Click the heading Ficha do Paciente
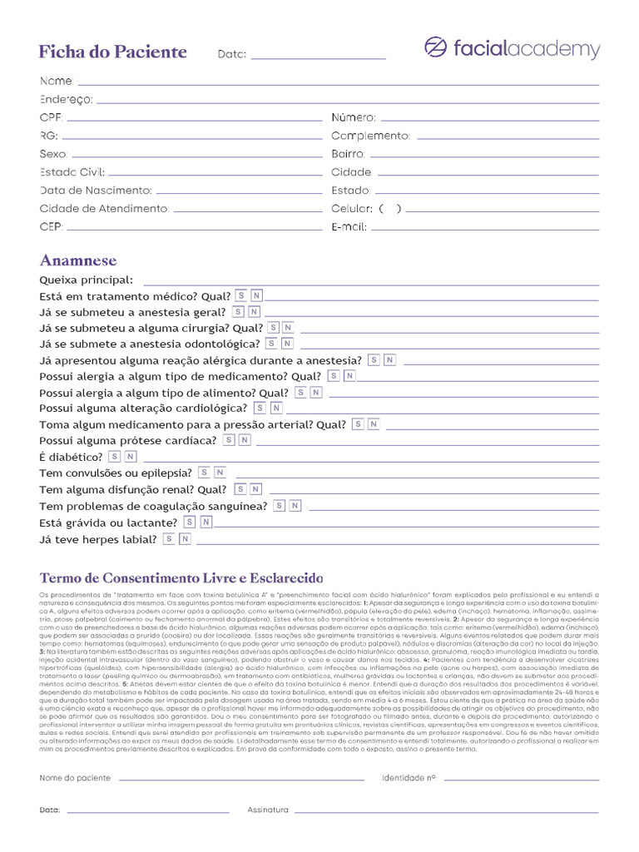coord(113,52)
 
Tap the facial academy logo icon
coord(434,48)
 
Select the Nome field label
coord(57,82)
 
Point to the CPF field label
coord(52,118)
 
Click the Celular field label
coord(352,209)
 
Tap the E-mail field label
coord(349,227)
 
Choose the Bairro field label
coord(348,155)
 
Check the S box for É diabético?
coord(112,457)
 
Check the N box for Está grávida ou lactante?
coord(206,523)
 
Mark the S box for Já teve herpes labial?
coord(169,539)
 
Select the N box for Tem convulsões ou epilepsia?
coord(220,473)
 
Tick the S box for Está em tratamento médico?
coord(241,295)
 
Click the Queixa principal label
coord(86,280)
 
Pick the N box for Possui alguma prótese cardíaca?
coord(245,440)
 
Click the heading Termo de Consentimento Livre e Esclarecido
coord(181,578)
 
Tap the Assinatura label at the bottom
coord(268,809)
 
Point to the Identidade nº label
coord(409,778)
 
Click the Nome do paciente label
coord(75,778)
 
